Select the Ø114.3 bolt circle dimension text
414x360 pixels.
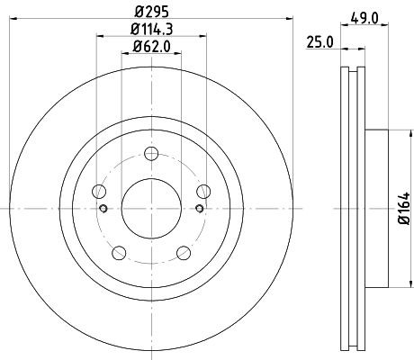click(152, 31)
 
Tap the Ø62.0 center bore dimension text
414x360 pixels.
click(152, 49)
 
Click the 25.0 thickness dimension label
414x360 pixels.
click(319, 41)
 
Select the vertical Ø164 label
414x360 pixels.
click(405, 209)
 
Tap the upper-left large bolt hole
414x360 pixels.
click(100, 190)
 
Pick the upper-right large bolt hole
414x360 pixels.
click(204, 190)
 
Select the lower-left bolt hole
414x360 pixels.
click(120, 251)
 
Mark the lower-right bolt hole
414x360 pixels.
click(184, 251)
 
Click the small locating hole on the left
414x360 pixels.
click(104, 209)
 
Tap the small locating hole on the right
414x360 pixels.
click(200, 209)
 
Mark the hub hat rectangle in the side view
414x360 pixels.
click(378, 209)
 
